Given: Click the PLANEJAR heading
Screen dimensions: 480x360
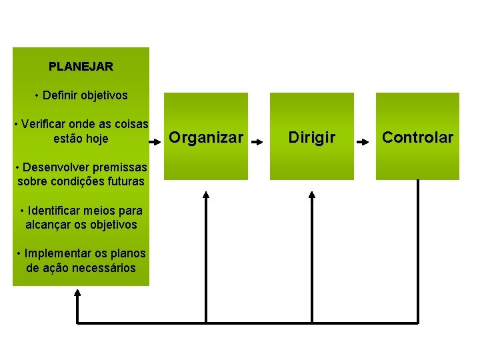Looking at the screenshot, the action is (81, 67).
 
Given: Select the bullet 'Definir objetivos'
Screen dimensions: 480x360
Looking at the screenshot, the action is (81, 95).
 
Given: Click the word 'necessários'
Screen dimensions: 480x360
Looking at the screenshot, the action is (106, 268).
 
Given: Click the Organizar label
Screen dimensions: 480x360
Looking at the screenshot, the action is (206, 137).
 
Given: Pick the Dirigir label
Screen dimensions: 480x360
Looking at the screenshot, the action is (311, 137).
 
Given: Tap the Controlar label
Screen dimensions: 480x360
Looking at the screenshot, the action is (417, 137).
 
